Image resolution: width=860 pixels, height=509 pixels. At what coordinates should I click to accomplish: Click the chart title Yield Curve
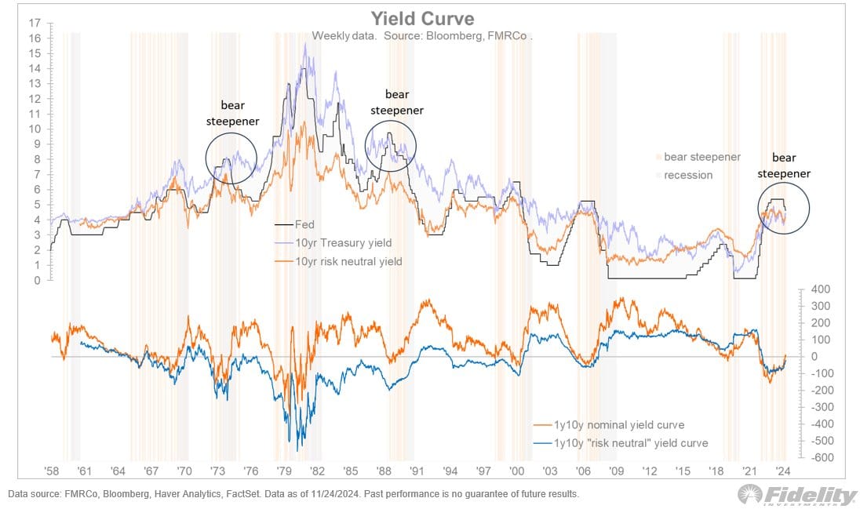click(421, 17)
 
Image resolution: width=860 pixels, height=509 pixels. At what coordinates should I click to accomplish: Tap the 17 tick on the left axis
click(35, 23)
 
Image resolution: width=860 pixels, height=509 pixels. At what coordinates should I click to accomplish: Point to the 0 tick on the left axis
click(37, 280)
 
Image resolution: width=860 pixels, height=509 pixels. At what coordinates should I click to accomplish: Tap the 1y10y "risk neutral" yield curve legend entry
click(631, 443)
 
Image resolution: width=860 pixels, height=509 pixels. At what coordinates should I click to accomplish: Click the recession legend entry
click(688, 175)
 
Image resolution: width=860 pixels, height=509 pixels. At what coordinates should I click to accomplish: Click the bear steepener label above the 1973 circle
click(232, 113)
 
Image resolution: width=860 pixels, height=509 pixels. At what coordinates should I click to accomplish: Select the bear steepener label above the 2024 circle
click(784, 165)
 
